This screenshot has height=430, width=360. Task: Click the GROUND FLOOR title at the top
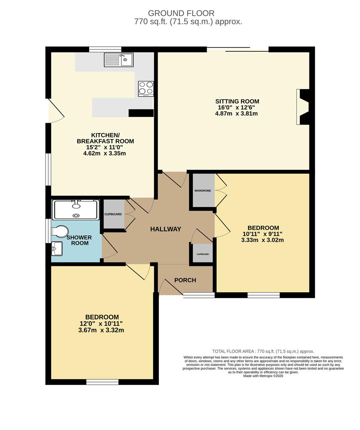[x=181, y=14]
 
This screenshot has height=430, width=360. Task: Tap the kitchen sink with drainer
[x=119, y=60]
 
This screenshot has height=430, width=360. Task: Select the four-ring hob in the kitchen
[x=145, y=89]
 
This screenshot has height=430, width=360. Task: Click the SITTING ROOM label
[x=237, y=101]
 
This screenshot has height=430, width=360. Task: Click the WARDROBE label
[x=203, y=191]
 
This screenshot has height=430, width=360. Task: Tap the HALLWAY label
[x=165, y=229]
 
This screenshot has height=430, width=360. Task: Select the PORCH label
[x=185, y=280]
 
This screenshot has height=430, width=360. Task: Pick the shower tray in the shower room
[x=76, y=209]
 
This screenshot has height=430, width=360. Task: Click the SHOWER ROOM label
[x=79, y=240]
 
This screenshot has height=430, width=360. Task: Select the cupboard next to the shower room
[x=113, y=214]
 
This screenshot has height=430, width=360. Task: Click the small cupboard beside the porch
[x=202, y=254]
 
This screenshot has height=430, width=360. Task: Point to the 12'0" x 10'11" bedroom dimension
[x=101, y=324]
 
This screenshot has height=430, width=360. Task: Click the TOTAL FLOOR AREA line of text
[x=263, y=351]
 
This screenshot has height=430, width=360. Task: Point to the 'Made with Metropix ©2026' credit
[x=263, y=375]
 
